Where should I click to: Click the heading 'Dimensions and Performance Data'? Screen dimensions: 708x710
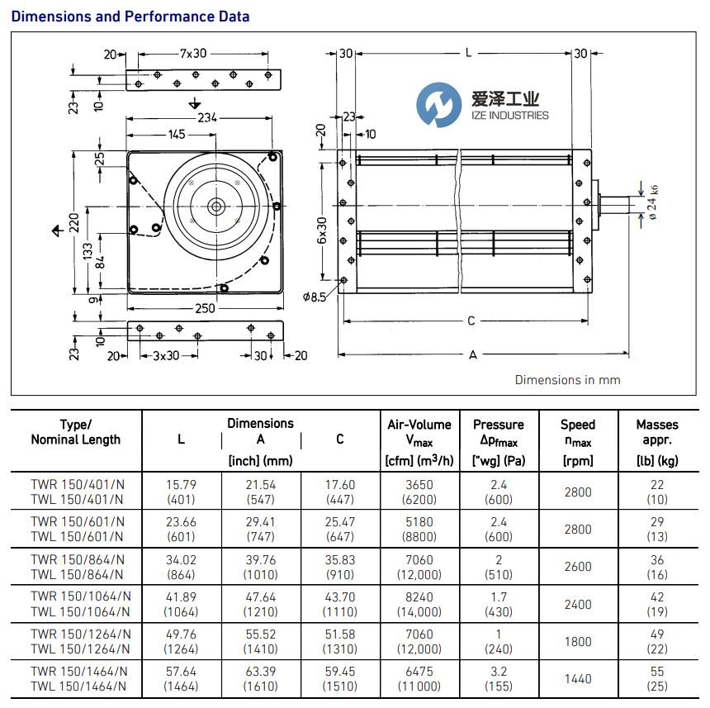click(130, 17)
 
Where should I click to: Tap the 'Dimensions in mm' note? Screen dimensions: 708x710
click(567, 380)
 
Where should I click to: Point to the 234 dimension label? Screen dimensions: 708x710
click(206, 118)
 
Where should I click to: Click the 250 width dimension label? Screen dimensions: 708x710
click(205, 308)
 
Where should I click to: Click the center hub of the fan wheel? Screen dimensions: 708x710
click(215, 207)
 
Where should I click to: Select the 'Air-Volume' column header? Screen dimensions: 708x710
click(419, 425)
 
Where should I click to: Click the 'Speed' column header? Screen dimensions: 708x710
click(578, 425)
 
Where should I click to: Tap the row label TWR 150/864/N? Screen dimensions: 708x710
click(78, 560)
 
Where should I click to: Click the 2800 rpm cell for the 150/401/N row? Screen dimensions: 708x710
click(578, 492)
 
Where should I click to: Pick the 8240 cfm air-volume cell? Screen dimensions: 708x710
click(419, 597)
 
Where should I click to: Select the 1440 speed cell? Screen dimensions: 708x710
click(578, 678)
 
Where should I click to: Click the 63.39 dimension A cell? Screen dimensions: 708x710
click(260, 672)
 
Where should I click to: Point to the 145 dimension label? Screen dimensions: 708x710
click(177, 135)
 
